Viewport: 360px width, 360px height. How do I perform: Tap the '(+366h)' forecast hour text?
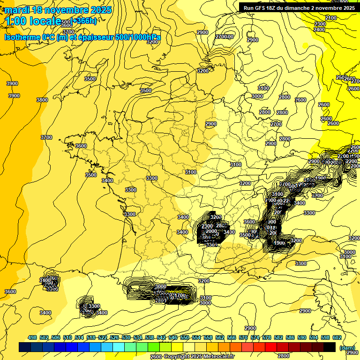(84, 21)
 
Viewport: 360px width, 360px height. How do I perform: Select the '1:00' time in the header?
(16, 21)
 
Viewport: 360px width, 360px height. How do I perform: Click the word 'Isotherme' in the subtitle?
(22, 37)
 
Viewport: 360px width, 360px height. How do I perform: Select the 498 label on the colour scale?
(32, 337)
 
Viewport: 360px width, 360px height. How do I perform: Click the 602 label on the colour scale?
(337, 337)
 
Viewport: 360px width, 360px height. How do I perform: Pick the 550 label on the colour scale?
(184, 337)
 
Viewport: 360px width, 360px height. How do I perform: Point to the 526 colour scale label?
(114, 337)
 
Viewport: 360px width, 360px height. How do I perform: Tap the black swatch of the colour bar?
(330, 347)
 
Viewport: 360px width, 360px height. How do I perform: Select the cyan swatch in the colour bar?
(119, 347)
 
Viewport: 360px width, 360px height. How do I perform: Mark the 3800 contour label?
(42, 100)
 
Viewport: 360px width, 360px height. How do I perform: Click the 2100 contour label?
(331, 18)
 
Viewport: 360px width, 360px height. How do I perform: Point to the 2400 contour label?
(319, 30)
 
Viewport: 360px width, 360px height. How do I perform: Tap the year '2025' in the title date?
(101, 10)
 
